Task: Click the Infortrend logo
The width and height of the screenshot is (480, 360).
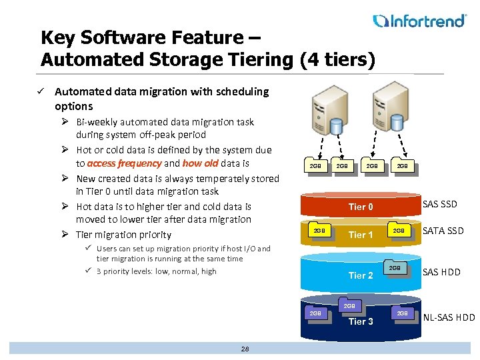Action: tap(419, 21)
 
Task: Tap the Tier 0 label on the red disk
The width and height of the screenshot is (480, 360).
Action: tap(361, 207)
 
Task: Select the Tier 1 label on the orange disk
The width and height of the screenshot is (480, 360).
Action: tap(361, 235)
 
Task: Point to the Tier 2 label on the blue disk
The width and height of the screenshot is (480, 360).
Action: tap(361, 275)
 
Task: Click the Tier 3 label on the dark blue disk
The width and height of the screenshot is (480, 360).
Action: tap(361, 321)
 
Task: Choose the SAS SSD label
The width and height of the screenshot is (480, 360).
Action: tap(440, 204)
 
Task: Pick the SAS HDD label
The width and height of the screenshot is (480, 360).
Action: tap(441, 271)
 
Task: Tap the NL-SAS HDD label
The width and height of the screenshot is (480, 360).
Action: tap(449, 317)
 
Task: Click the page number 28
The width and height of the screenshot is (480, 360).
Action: tap(245, 349)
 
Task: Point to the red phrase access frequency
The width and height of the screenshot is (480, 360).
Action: tap(124, 163)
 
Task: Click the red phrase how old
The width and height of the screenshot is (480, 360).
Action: tap(201, 163)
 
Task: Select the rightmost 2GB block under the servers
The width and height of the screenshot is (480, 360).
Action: tap(402, 165)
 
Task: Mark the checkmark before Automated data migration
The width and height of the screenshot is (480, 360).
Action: tap(43, 91)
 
